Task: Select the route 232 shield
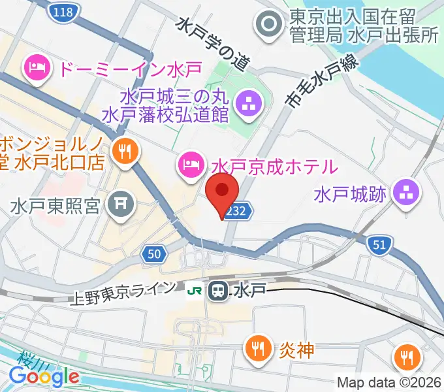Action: [x=236, y=211]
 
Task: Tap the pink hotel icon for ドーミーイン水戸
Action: [x=35, y=67]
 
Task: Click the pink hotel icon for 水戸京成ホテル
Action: [x=189, y=163]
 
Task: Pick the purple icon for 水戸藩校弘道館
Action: [x=248, y=102]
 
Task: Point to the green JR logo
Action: [x=194, y=289]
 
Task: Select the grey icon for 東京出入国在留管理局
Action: [x=268, y=25]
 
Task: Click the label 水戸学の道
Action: [x=213, y=43]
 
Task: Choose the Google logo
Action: [x=44, y=377]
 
